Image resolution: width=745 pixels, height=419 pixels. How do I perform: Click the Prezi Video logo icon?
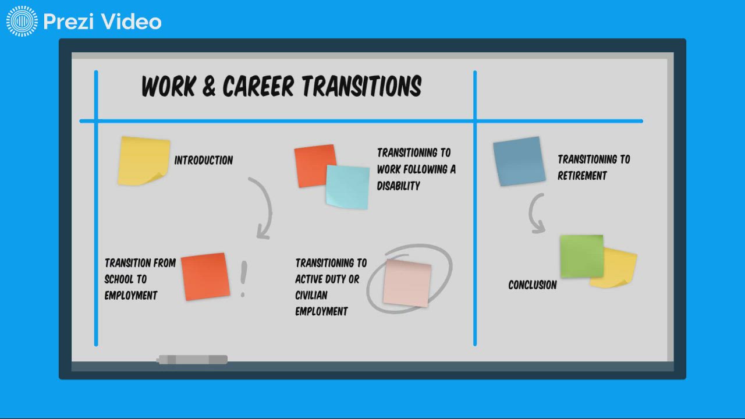point(22,22)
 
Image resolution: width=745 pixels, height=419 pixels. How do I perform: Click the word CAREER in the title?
point(259,87)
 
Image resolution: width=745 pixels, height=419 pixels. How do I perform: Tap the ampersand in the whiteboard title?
point(209,87)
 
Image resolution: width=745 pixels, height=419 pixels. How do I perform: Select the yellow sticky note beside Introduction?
point(143,161)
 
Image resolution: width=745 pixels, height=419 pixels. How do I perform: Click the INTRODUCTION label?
point(203,161)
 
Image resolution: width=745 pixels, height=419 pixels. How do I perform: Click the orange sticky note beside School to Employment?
point(205,276)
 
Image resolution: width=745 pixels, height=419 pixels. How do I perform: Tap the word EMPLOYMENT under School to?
point(131,295)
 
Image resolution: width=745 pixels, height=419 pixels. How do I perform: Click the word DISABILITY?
point(398,186)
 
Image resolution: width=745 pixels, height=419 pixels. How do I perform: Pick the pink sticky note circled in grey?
point(407,283)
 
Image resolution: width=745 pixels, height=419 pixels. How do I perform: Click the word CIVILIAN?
point(311,295)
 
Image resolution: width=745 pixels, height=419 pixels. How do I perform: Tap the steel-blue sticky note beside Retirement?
point(519,161)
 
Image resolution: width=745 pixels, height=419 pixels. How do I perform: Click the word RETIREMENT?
point(582,176)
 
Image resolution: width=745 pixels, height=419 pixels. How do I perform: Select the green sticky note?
point(581,256)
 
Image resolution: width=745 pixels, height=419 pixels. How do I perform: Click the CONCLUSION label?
point(532,285)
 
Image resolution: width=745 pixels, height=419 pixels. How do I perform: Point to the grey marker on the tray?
point(192,360)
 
